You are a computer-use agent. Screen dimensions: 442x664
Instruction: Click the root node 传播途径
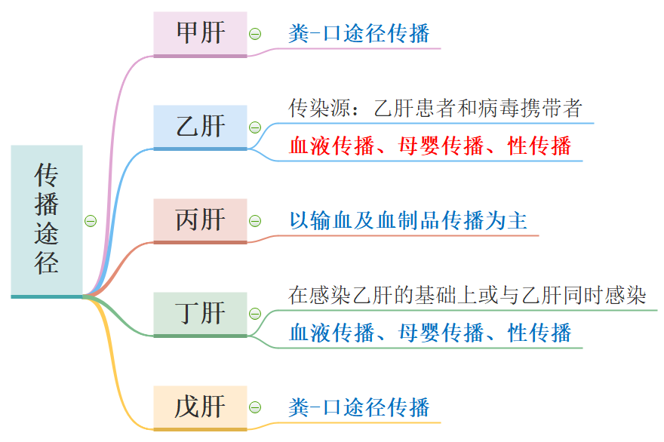point(47,219)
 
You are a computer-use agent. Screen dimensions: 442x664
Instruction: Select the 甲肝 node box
point(200,33)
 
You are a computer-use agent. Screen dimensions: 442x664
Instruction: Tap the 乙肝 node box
point(200,127)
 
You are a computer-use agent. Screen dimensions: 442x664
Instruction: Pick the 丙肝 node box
point(200,220)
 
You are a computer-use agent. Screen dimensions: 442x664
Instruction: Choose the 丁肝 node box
point(200,313)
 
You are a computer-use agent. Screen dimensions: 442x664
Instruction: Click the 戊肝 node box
point(200,407)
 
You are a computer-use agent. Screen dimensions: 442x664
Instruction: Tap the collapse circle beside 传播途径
point(91,221)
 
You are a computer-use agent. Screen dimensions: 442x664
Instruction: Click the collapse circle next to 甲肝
point(255,34)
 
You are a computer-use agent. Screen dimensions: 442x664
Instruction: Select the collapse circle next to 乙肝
point(255,127)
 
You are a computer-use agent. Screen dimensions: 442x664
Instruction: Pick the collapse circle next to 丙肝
point(255,221)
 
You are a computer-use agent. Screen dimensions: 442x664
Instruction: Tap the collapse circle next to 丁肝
point(255,314)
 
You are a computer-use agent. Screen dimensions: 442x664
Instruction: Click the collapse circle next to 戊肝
point(255,407)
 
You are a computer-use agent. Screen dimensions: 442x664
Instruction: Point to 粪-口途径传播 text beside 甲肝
point(359,34)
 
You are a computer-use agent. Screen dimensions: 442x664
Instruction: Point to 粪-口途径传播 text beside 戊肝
point(359,407)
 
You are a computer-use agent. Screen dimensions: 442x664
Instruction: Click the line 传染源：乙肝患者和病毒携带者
point(435,109)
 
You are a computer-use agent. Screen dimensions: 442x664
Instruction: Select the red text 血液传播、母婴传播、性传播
point(430,146)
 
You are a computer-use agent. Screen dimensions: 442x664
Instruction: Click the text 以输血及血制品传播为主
point(408,221)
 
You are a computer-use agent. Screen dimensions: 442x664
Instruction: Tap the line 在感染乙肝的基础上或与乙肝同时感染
point(467,296)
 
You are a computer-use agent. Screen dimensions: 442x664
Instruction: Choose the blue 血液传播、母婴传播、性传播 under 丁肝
point(430,333)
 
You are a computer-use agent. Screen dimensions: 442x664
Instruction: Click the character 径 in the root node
point(47,262)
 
